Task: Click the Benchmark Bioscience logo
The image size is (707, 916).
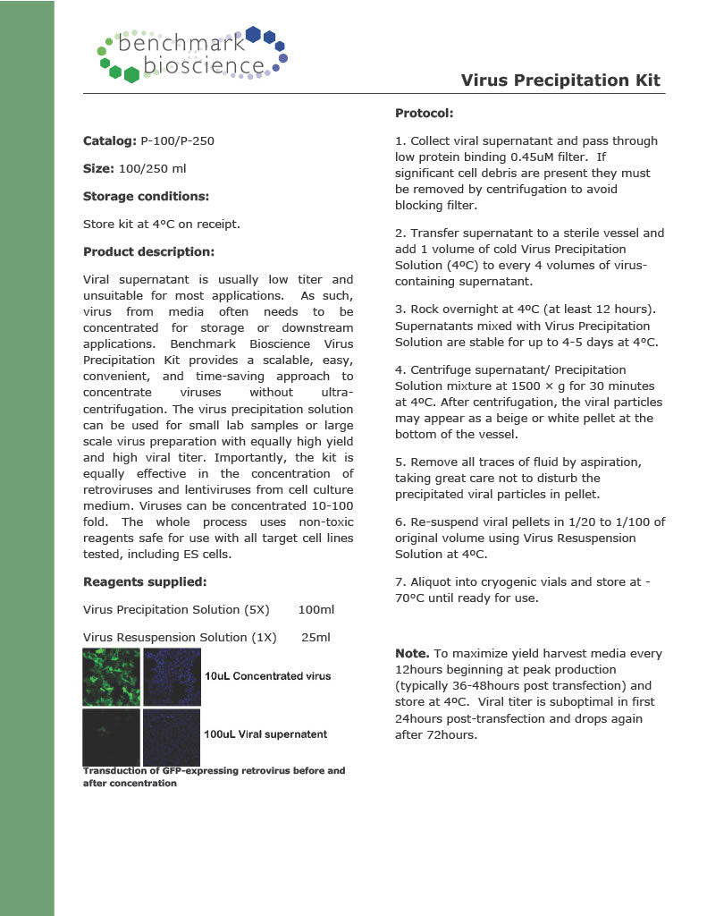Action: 192,54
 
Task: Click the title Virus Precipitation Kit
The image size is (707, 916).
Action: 560,81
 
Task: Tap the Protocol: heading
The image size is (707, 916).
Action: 424,114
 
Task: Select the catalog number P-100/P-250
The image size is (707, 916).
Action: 177,141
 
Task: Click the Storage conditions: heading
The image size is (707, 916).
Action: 146,196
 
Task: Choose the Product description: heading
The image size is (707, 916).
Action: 148,252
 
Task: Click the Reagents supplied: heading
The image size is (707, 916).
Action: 145,581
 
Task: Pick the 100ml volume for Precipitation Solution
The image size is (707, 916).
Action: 316,609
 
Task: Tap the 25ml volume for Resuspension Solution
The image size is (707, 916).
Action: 316,637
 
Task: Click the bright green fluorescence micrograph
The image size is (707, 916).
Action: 111,677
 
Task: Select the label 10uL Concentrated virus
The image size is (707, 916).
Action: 267,676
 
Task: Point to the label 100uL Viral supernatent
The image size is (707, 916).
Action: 265,734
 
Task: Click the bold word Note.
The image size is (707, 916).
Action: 412,653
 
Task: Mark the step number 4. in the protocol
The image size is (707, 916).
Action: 400,369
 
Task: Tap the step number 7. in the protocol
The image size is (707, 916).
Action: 400,581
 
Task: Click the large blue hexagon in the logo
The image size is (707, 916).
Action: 253,35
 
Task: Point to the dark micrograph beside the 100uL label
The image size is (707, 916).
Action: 171,737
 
